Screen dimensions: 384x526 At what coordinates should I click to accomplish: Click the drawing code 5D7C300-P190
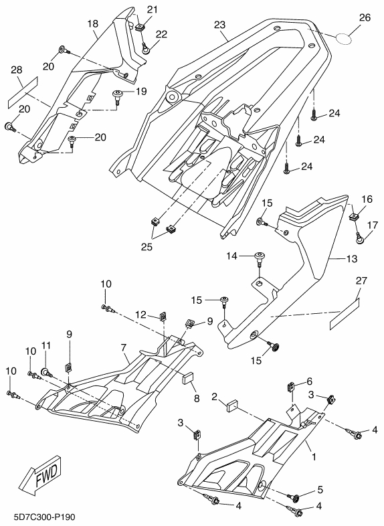click(45, 517)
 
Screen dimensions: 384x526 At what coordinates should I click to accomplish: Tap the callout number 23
click(220, 25)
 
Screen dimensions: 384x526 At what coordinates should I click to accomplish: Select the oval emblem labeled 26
click(344, 39)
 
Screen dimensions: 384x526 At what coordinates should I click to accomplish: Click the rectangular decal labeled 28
click(23, 92)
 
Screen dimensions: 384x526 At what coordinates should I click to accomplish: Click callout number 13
click(352, 258)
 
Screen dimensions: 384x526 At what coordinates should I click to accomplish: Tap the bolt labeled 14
click(260, 258)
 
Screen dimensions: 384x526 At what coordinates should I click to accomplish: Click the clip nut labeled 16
click(355, 215)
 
